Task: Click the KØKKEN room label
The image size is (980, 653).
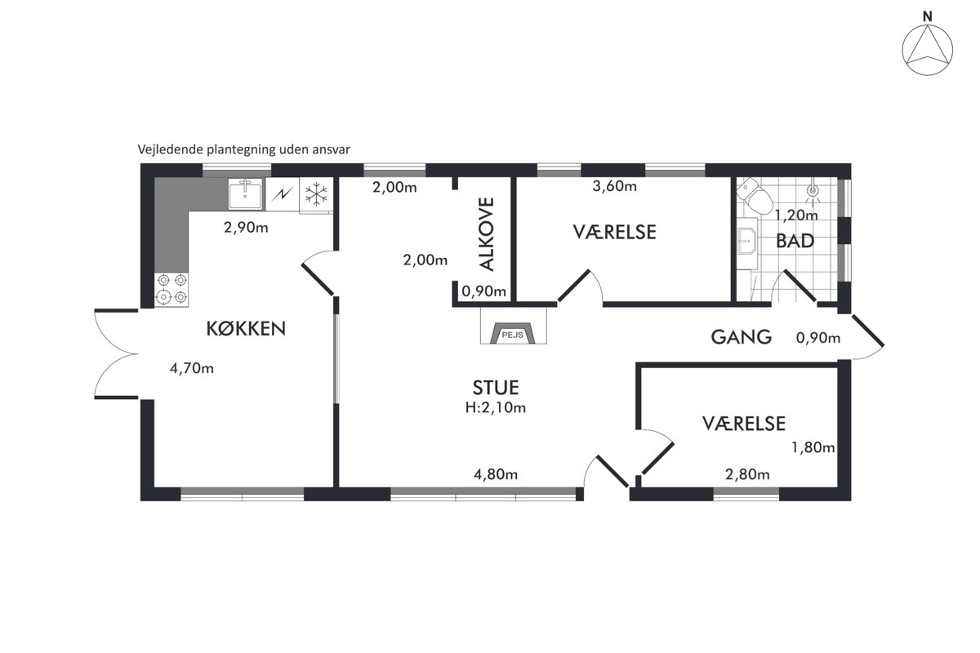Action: (246, 328)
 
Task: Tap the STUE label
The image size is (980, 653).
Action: (496, 388)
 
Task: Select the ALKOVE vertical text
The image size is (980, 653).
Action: (487, 234)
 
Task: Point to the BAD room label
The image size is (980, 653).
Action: (795, 241)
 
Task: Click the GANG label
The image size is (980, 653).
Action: (742, 337)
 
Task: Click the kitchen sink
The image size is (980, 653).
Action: (246, 193)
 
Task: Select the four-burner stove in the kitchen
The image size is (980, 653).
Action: (171, 289)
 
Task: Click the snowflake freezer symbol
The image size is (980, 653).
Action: (316, 194)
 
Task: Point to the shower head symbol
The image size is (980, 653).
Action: (813, 191)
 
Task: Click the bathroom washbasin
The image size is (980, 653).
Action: (746, 242)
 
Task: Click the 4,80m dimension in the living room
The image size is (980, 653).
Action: (496, 474)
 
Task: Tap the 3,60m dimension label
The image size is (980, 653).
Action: (615, 186)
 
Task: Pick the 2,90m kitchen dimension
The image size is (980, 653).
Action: (246, 228)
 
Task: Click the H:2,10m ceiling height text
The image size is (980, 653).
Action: (496, 407)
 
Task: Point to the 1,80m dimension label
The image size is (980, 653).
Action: (813, 447)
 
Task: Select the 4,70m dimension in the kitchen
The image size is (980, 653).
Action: (192, 368)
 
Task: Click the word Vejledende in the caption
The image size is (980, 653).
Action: (171, 150)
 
